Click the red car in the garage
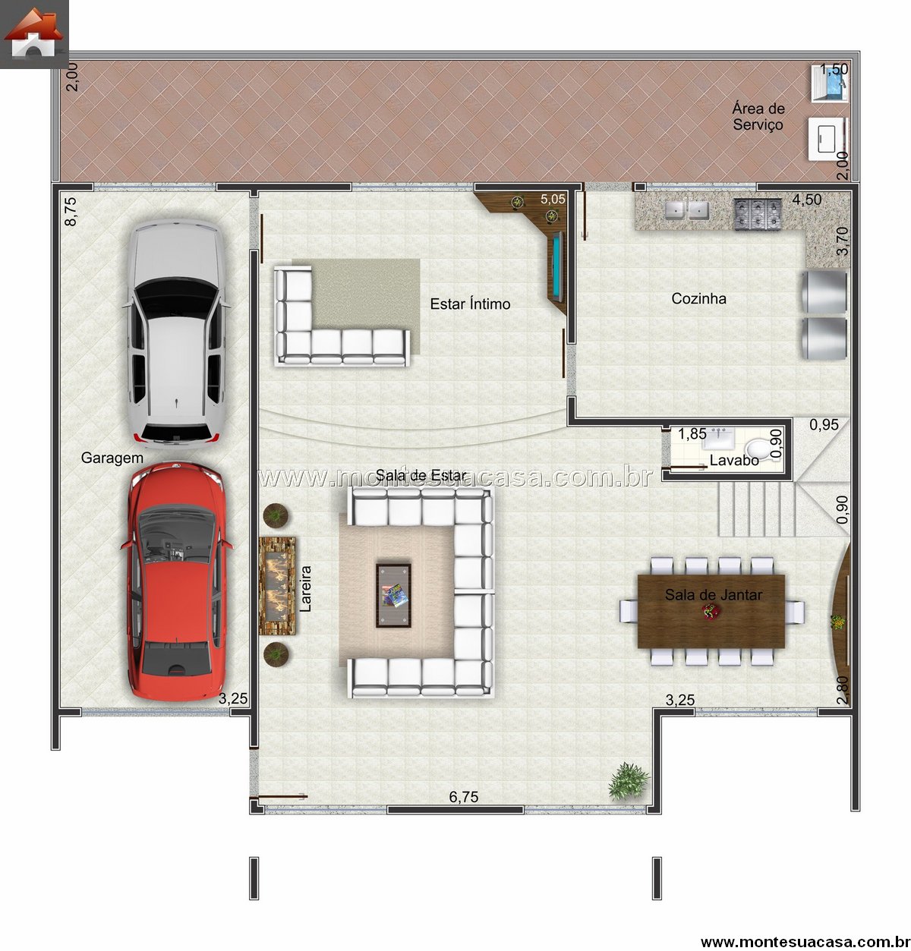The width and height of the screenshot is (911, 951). pos(176,581)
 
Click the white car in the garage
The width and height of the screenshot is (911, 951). pos(176,334)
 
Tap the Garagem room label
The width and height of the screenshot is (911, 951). pos(112,458)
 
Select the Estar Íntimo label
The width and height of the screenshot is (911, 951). pos(470,304)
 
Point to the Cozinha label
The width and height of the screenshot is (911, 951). pos(698,298)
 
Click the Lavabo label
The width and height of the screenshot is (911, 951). pos(734,460)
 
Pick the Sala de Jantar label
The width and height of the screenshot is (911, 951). pos(714,595)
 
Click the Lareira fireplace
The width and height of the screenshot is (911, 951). pos(277,586)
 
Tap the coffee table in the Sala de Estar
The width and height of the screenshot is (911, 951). pos(393,596)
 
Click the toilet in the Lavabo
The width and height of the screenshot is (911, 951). pos(758,449)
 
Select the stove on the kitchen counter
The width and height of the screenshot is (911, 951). pos(758,213)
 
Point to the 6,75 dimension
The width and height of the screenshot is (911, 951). pos(463,797)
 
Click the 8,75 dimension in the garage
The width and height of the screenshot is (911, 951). pos(71,212)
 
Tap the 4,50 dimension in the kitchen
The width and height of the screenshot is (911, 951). pos(806,200)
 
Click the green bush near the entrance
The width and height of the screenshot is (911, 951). pos(629,782)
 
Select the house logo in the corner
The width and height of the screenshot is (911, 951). pos(33,33)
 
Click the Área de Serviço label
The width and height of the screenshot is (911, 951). pos(758,116)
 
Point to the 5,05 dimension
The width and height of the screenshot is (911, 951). pos(553,199)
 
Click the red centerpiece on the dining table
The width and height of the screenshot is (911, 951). pos(710,610)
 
